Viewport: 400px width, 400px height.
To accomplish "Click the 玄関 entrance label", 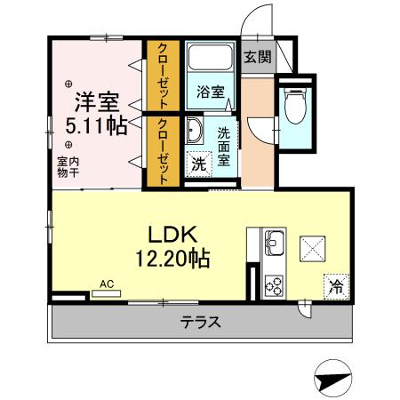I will (258, 57).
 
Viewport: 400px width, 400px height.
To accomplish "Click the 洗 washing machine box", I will (199, 165).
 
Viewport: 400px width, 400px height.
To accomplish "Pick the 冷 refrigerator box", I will (337, 286).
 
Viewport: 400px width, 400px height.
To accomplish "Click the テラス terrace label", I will (200, 322).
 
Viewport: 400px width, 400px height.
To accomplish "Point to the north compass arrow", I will (331, 377).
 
